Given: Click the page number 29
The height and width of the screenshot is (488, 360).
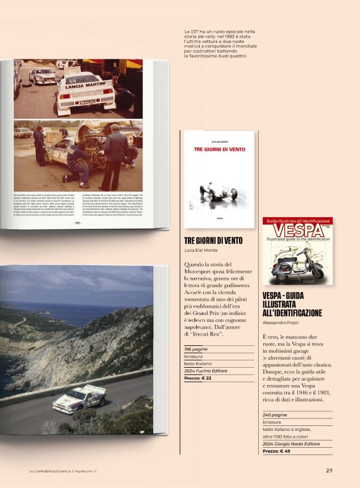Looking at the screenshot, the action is [329, 470].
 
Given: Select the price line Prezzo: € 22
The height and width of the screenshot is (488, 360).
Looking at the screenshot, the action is [198, 378].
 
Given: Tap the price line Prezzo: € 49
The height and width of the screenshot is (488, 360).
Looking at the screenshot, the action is [277, 451].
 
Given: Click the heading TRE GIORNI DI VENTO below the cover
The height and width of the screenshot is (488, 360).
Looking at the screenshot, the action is [214, 240].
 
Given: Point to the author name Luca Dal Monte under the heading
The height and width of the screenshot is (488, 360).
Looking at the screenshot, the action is [202, 251].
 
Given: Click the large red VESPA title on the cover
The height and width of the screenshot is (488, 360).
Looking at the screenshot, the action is [297, 231].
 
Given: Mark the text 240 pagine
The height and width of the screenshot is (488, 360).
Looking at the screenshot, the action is [275, 414].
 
